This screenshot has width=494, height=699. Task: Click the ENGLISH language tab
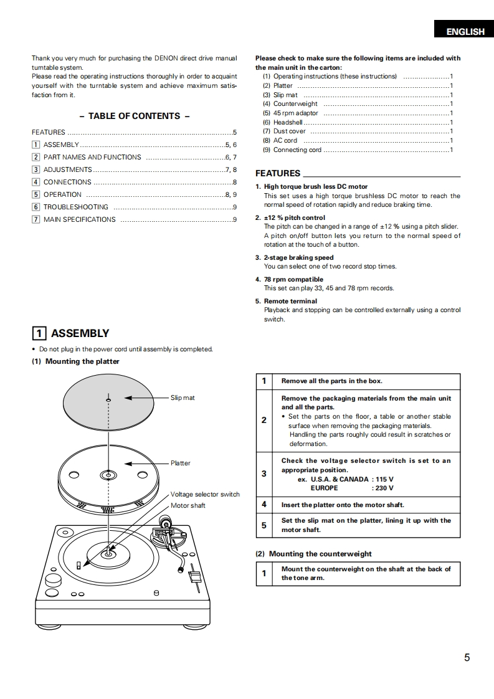pyautogui.click(x=465, y=32)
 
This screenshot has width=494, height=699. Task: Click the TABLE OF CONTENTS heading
pyautogui.click(x=134, y=116)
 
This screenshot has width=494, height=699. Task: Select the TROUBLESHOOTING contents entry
pyautogui.click(x=75, y=207)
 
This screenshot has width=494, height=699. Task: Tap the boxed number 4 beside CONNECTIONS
pyautogui.click(x=36, y=182)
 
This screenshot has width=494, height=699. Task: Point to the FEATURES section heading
pyautogui.click(x=278, y=173)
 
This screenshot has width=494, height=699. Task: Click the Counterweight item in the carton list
pyautogui.click(x=295, y=104)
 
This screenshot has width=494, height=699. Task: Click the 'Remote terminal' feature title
pyautogui.click(x=290, y=301)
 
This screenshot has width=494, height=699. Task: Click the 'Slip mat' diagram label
pyautogui.click(x=183, y=397)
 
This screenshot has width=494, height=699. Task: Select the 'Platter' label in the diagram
pyautogui.click(x=181, y=463)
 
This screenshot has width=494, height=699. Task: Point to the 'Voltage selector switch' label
pyautogui.click(x=205, y=494)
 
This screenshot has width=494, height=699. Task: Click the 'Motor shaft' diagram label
pyautogui.click(x=188, y=505)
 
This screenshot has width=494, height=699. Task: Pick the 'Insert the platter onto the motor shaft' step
pyautogui.click(x=343, y=505)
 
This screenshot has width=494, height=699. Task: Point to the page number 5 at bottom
pyautogui.click(x=467, y=657)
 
